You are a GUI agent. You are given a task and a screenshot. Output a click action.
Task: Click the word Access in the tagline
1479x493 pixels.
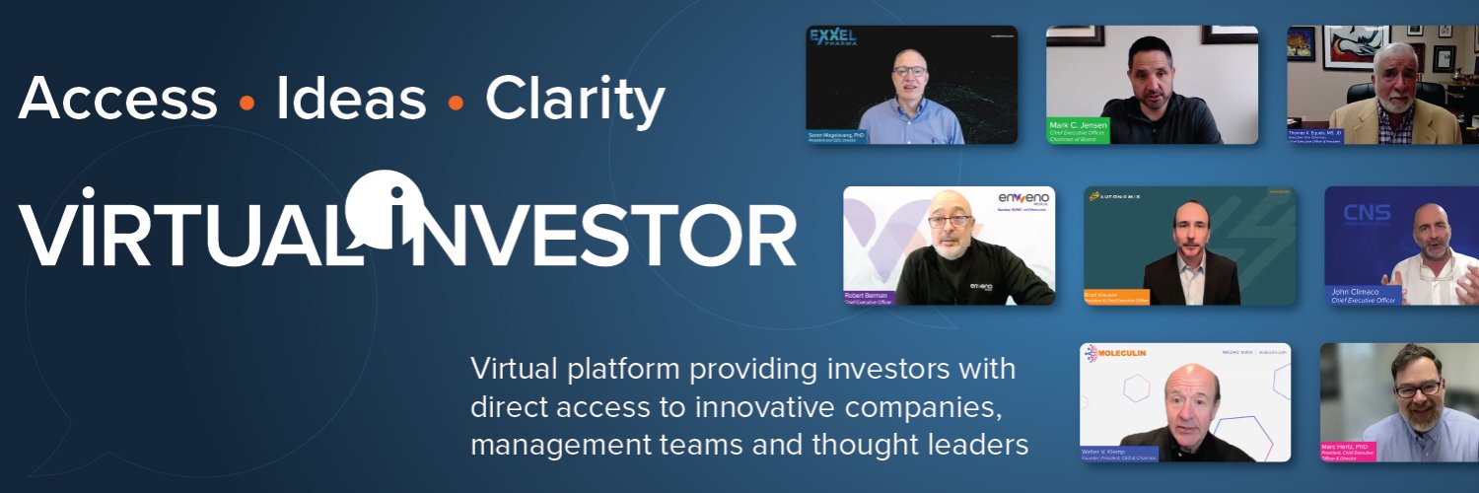(117, 100)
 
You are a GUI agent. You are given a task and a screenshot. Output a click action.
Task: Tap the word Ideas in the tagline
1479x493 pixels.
(351, 100)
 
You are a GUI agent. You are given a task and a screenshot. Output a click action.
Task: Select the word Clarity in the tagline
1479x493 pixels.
(575, 100)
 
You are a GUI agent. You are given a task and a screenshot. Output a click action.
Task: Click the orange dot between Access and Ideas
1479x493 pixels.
(247, 102)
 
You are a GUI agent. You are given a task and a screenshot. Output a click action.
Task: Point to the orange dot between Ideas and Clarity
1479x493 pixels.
(456, 102)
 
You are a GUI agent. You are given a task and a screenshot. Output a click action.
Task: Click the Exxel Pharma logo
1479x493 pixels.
(833, 39)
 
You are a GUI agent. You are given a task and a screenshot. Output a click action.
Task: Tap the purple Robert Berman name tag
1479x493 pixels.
(869, 298)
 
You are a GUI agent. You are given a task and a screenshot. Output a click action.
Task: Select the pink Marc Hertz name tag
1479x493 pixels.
(1350, 449)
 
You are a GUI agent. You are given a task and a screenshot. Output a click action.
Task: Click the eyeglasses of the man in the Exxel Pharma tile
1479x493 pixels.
(909, 70)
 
